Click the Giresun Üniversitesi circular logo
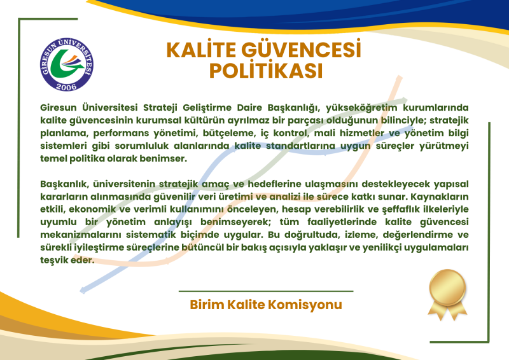(67, 65)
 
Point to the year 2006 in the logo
(66, 87)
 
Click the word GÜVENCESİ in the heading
(301, 50)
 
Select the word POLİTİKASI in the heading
(266, 71)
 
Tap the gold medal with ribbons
(447, 294)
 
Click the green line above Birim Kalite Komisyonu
(266, 291)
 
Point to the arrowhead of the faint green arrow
(404, 100)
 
